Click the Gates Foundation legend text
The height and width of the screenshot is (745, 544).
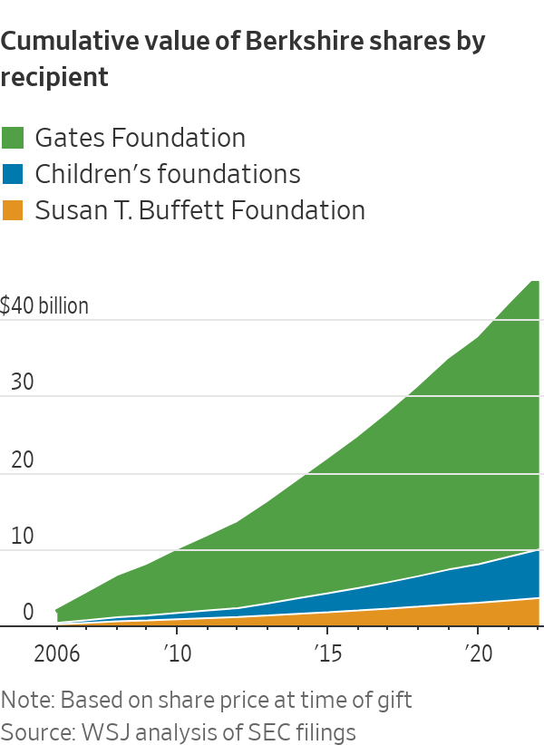pyautogui.click(x=140, y=138)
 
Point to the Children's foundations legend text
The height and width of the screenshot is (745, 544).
pyautogui.click(x=167, y=174)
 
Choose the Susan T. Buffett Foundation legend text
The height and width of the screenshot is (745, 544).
pyautogui.click(x=199, y=210)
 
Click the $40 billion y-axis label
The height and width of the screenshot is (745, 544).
pyautogui.click(x=44, y=305)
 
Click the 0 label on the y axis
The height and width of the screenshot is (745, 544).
pyautogui.click(x=28, y=613)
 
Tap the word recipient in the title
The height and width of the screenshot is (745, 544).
pyautogui.click(x=54, y=78)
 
